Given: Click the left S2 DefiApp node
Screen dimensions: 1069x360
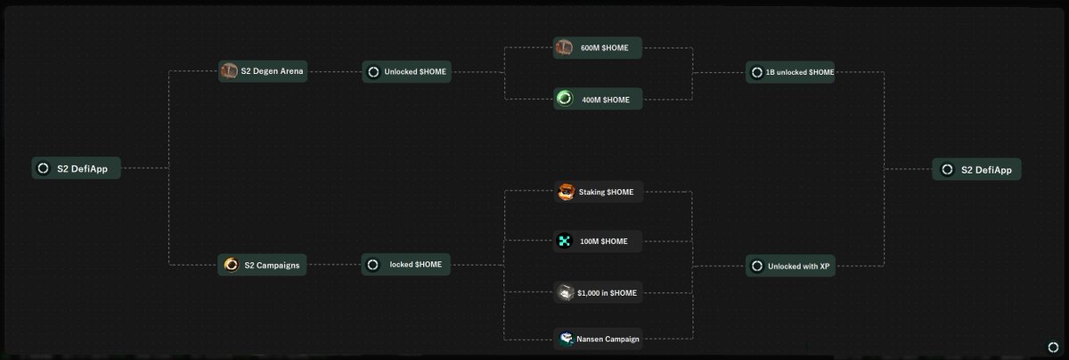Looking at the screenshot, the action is tap(76, 168).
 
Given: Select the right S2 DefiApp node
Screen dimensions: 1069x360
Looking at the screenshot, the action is tap(976, 169).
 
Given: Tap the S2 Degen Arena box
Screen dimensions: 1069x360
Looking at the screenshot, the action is tap(263, 71).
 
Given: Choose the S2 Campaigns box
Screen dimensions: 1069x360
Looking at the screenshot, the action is tap(263, 264).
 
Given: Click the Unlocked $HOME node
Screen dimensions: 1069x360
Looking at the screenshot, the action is tap(406, 71).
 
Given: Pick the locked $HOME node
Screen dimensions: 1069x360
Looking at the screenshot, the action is tap(406, 265).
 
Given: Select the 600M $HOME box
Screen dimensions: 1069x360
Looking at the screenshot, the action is tap(598, 48).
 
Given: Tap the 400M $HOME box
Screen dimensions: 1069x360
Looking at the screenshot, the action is tap(598, 99).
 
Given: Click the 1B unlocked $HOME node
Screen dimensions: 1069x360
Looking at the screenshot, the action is tap(790, 71).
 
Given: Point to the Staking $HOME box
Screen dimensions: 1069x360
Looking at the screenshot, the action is tap(598, 192).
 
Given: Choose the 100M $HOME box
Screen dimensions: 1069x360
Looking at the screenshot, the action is tap(598, 241).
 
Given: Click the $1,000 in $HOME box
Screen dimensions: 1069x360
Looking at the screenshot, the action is tap(598, 292).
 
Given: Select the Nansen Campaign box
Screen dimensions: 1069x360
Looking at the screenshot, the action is tap(598, 339).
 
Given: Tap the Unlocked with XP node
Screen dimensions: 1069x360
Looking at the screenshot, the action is tap(790, 266).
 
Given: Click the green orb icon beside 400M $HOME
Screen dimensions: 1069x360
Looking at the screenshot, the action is tap(564, 99).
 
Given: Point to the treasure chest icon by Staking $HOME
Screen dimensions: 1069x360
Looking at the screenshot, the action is tap(566, 192).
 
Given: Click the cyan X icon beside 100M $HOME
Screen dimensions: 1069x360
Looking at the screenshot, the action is tap(564, 241).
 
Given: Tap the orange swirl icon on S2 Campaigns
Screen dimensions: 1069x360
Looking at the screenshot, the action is tap(231, 264).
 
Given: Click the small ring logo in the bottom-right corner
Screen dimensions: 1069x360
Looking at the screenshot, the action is tap(1052, 346).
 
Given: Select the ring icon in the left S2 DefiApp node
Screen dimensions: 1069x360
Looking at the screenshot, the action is tap(43, 168).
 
